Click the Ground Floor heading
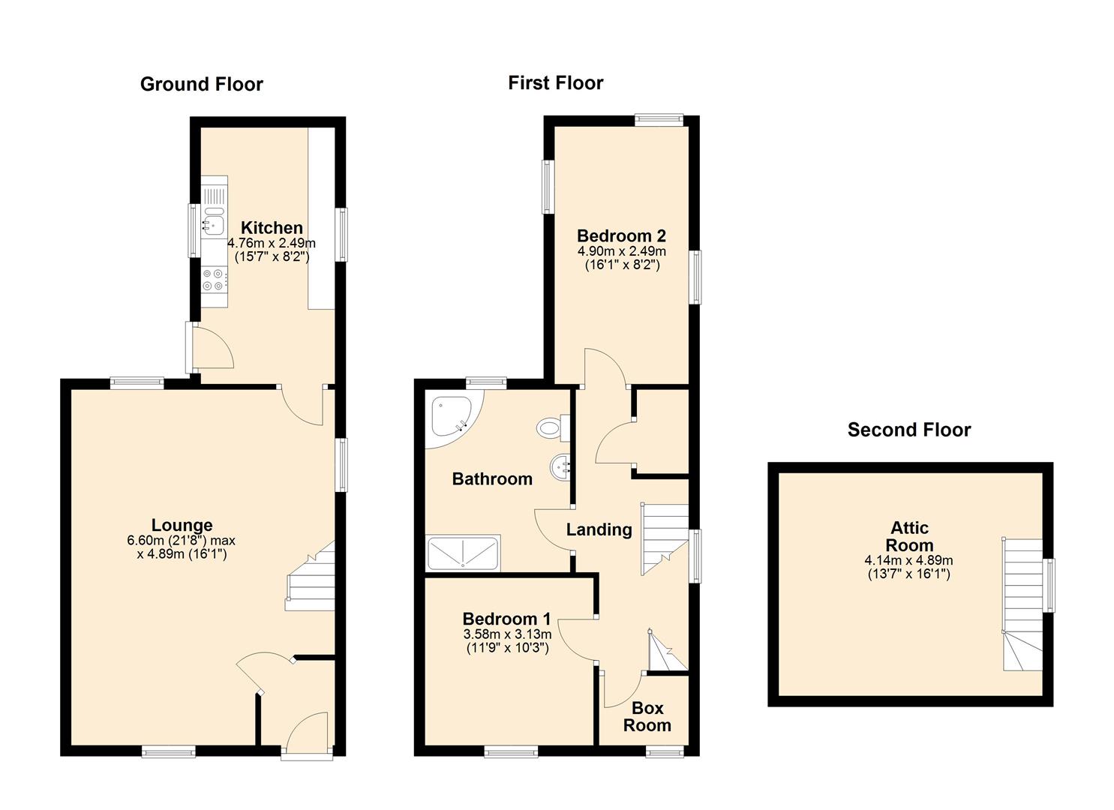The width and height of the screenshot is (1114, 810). click(201, 85)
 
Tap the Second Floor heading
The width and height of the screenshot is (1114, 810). click(909, 430)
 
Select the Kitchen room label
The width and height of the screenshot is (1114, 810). click(272, 228)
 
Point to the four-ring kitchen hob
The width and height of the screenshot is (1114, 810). click(215, 280)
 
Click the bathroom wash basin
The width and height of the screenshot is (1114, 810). click(561, 467)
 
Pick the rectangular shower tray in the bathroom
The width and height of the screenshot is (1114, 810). click(463, 553)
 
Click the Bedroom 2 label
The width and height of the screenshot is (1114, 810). click(621, 235)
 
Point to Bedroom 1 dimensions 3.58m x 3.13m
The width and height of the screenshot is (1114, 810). click(507, 634)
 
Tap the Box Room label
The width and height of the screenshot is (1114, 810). click(647, 716)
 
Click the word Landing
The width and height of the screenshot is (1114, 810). click(599, 529)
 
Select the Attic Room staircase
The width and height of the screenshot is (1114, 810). click(1022, 604)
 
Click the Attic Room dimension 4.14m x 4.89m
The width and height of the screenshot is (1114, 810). click(908, 560)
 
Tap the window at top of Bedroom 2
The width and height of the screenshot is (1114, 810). click(659, 119)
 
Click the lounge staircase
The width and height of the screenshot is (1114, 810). click(311, 576)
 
